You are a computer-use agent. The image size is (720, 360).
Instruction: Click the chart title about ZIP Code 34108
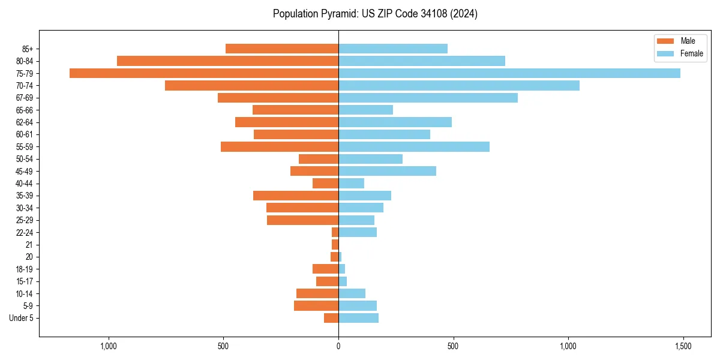[x=375, y=14]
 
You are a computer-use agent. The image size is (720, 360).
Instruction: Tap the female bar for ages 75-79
[x=509, y=73]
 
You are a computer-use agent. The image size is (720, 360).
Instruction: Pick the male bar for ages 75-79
[x=204, y=73]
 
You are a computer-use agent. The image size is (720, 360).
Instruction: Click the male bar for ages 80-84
[x=227, y=61]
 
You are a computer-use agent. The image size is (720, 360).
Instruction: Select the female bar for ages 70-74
[x=458, y=86]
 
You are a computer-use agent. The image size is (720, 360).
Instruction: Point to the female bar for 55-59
[x=413, y=147]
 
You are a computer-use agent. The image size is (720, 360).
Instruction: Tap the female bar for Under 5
[x=358, y=318]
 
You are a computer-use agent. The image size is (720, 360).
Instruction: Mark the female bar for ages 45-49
[x=387, y=171]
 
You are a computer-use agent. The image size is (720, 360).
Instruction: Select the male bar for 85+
[x=281, y=49]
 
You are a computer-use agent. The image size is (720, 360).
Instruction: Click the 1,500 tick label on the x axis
[x=683, y=347]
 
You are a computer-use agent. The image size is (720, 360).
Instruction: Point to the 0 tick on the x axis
[x=338, y=347]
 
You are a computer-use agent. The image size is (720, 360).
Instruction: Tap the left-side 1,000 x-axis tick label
[x=109, y=347]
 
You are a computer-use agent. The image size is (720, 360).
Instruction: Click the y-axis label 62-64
[x=25, y=122]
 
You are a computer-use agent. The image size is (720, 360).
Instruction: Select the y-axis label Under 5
[x=21, y=318]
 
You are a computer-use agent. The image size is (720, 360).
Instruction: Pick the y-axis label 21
[x=29, y=245]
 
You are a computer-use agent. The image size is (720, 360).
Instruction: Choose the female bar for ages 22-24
[x=357, y=232]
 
